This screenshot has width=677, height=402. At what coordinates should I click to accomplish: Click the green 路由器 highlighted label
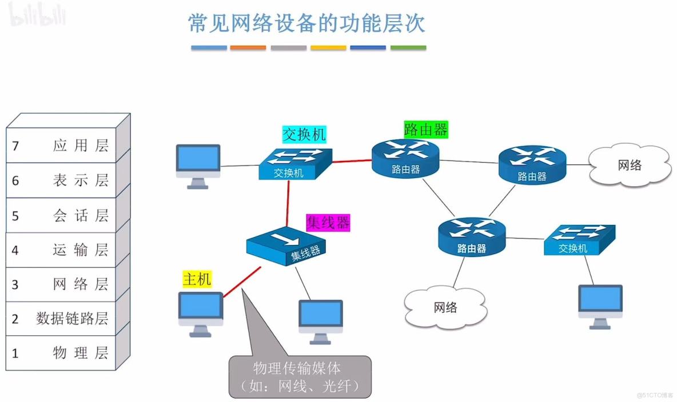[x=425, y=129]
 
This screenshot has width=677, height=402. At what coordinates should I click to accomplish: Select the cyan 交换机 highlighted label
[x=304, y=134]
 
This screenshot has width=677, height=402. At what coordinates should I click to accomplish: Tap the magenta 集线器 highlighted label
[x=328, y=222]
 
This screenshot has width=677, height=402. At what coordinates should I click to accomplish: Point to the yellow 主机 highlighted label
[x=197, y=279]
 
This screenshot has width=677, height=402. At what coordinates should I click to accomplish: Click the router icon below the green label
[x=405, y=158]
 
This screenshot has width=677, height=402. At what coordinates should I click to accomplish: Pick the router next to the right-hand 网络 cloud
[x=532, y=164]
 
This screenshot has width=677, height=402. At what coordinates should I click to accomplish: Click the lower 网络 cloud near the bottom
[x=445, y=307]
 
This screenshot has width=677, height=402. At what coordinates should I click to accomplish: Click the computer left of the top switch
[x=198, y=165]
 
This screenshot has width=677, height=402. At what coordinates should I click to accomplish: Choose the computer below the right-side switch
[x=600, y=305]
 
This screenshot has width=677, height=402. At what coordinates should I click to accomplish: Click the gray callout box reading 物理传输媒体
[x=300, y=376]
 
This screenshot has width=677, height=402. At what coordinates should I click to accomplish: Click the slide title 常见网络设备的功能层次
[x=307, y=23]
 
